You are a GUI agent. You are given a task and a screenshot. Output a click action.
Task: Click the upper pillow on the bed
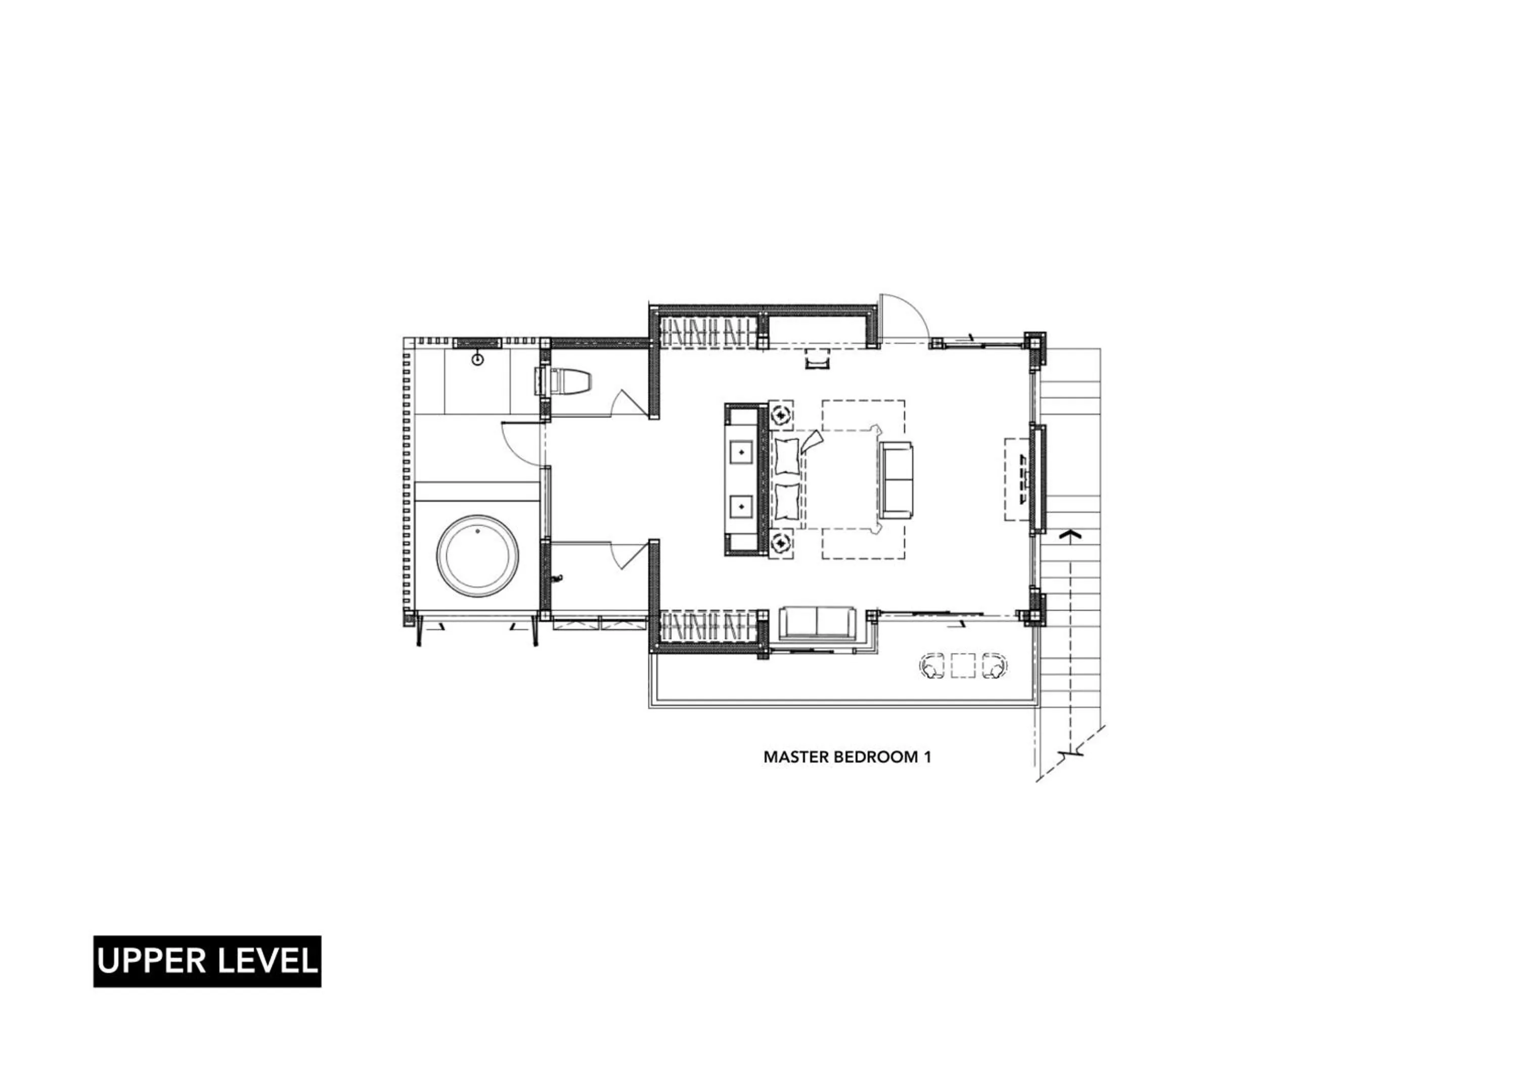787,455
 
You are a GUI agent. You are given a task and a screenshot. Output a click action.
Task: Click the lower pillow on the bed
787,502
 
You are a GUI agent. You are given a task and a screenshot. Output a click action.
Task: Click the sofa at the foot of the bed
896,480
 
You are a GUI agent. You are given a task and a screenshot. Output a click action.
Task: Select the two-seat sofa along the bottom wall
817,622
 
